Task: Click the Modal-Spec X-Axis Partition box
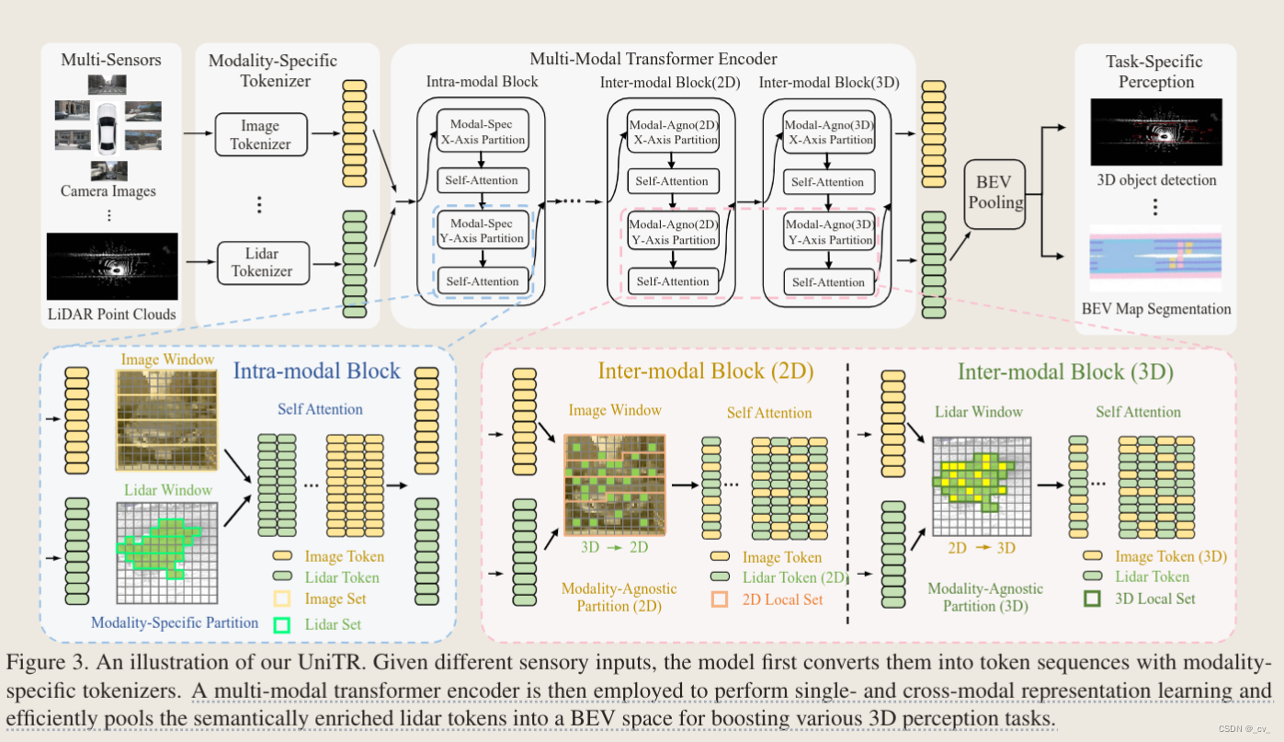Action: coord(483,131)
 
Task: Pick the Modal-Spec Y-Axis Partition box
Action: coord(483,230)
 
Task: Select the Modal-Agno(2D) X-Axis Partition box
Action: coord(673,131)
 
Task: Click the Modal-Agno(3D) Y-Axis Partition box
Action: coord(828,232)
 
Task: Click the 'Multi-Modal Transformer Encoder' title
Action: coord(653,59)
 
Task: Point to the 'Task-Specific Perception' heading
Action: coord(1154,72)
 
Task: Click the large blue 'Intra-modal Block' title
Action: coord(317,371)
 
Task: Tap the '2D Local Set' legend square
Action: coord(720,599)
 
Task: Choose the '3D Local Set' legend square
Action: coord(1093,599)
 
